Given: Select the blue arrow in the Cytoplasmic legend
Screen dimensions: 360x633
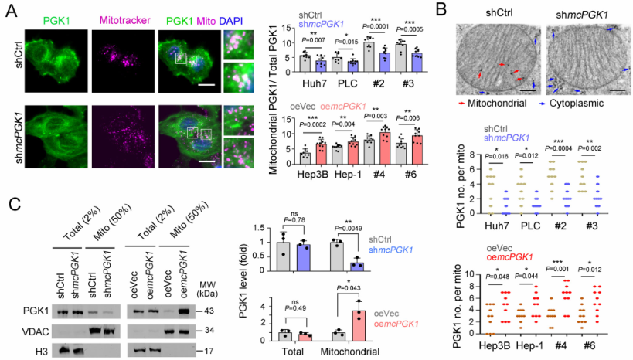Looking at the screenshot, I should tap(547, 100).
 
